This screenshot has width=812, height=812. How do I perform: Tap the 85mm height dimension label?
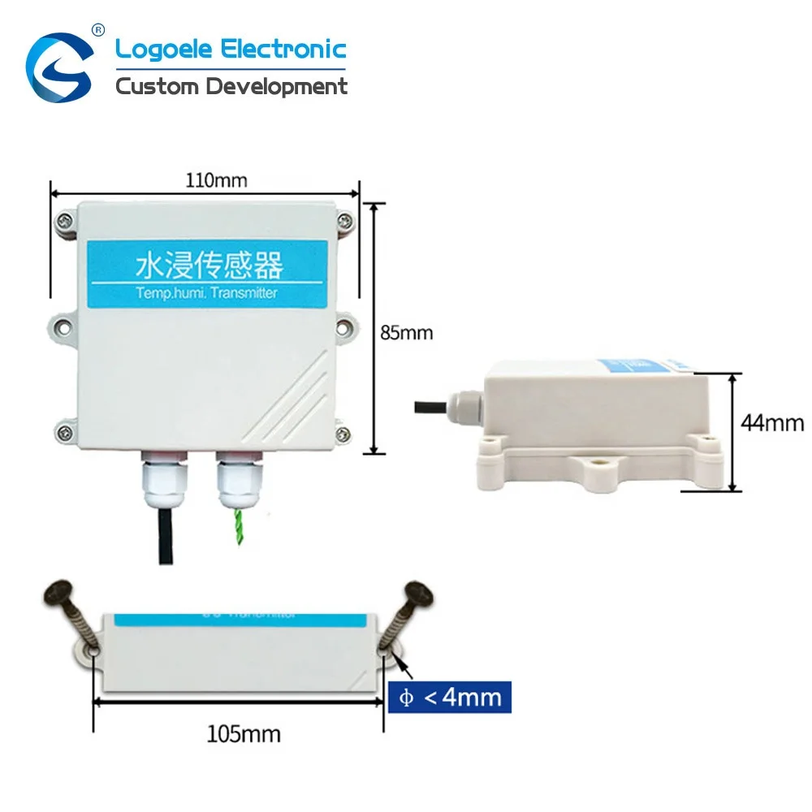407,332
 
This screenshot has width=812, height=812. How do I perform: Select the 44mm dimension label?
772,422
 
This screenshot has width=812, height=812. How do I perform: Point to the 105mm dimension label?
243,734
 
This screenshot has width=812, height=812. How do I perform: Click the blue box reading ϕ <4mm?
450,697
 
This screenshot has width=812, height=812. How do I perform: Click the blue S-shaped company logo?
58,67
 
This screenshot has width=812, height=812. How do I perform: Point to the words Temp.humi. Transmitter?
208,292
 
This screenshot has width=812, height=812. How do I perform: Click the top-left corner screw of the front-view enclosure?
64,218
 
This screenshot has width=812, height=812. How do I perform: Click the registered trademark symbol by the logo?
99,30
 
